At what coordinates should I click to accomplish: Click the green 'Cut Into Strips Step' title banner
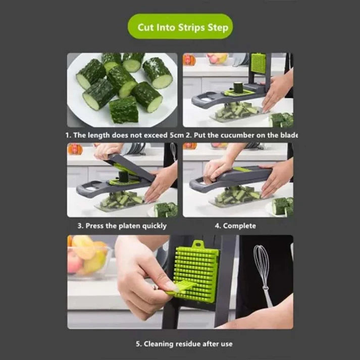(x=180, y=26)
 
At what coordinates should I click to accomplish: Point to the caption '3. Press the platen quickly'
(x=122, y=226)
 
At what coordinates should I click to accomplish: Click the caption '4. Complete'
(x=235, y=226)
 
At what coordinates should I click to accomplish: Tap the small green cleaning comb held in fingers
(x=181, y=287)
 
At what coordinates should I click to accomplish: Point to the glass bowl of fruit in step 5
(x=87, y=258)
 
